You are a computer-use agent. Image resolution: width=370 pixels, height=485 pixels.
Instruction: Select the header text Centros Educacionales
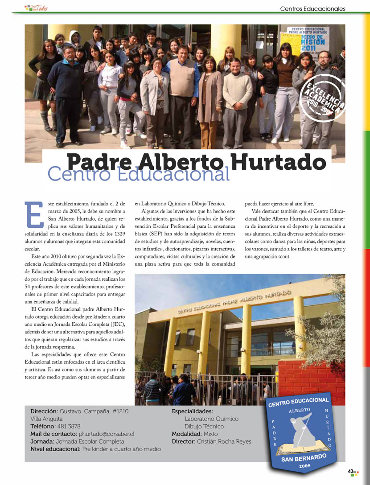pyautogui.click(x=312, y=8)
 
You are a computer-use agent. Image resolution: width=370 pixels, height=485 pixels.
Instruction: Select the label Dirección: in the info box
pyautogui.click(x=44, y=411)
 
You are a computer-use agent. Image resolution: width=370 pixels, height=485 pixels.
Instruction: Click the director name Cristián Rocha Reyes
pyautogui.click(x=224, y=441)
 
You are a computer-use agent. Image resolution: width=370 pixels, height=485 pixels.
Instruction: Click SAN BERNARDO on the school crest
pyautogui.click(x=304, y=458)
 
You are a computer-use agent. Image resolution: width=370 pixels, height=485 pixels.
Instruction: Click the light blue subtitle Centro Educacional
pyautogui.click(x=138, y=174)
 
